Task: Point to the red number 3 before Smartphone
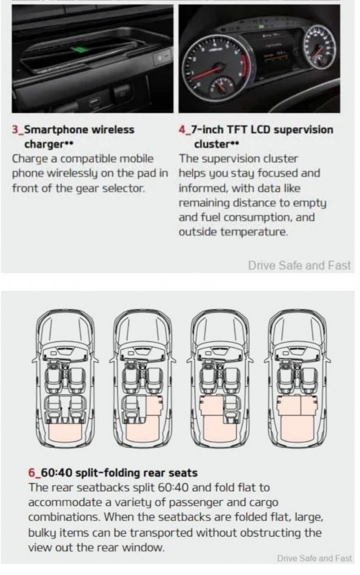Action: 15,130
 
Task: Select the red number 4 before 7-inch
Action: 182,130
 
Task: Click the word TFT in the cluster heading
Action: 238,130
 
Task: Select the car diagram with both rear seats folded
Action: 297,378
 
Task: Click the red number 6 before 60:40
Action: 31,473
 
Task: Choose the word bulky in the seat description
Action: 42,533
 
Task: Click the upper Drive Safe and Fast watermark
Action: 299,265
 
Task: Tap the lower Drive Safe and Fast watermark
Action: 314,558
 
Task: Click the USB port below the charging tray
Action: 94,101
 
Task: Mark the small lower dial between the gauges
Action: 221,87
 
